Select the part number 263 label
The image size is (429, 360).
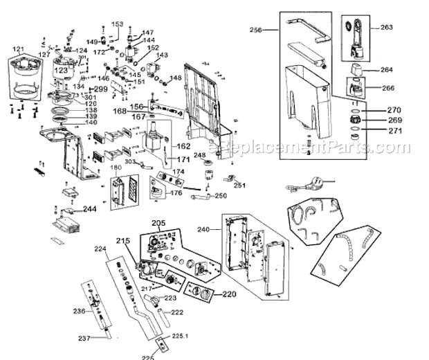pos(385,28)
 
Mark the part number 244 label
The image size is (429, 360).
pos(90,208)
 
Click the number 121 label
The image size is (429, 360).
pos(19,50)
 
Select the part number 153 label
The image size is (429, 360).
pos(117,25)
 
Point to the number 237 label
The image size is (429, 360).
pos(84,338)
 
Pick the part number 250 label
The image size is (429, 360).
pos(220,196)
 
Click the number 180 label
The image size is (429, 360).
pos(116,168)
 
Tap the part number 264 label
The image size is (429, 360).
pos(385,69)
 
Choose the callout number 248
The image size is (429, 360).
pos(200,154)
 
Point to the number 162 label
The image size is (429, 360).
pos(182,146)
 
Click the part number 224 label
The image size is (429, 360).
pos(100,249)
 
